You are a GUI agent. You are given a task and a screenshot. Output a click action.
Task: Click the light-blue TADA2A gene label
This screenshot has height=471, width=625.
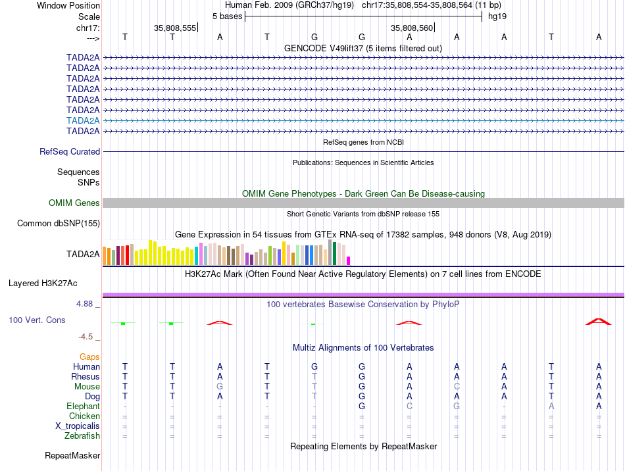pos(83,120)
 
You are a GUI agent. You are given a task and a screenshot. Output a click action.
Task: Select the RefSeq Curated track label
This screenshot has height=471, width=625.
pos(70,151)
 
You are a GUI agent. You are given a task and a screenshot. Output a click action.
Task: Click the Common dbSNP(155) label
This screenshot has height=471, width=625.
pos(59,224)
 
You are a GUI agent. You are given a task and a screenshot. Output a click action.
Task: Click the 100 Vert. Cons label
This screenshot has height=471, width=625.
pos(37,320)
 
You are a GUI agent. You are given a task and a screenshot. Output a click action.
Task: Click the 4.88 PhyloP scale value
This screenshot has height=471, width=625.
pos(86,304)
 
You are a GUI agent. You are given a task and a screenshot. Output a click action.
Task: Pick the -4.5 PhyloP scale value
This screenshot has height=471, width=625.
pos(86,337)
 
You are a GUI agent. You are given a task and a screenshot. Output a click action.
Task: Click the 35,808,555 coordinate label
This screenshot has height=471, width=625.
pos(175,28)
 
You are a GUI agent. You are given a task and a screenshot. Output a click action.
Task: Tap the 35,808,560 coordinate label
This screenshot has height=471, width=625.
pos(412,28)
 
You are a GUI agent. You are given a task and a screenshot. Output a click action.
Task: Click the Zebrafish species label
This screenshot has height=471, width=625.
pos(82,435)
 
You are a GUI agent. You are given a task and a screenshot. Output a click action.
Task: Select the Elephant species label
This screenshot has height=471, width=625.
pos(83,406)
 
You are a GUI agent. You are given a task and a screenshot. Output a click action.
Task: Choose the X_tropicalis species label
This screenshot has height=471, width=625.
pos(78,426)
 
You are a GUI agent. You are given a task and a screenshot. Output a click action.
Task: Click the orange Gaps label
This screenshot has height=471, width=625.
pos(89,357)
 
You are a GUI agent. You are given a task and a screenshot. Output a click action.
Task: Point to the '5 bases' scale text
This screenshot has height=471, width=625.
pos(227,16)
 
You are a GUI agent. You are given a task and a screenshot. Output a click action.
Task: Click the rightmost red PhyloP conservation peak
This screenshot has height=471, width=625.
pos(598,322)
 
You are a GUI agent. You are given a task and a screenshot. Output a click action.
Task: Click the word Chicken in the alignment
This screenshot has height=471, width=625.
pos(84,416)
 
